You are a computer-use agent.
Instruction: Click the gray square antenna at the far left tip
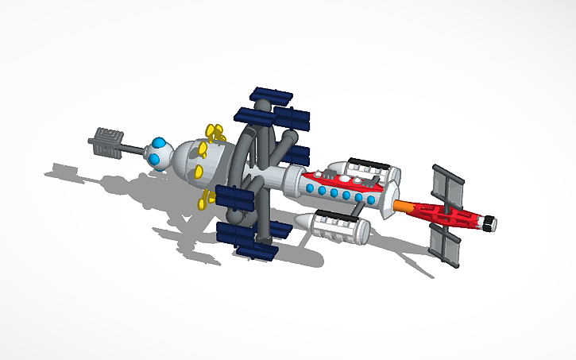click(x=104, y=143)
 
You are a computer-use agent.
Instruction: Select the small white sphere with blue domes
click(x=160, y=153)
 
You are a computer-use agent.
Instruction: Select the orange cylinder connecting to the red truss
click(x=404, y=206)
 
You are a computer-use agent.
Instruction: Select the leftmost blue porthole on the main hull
click(x=308, y=188)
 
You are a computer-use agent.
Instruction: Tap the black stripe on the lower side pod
click(x=337, y=215)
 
